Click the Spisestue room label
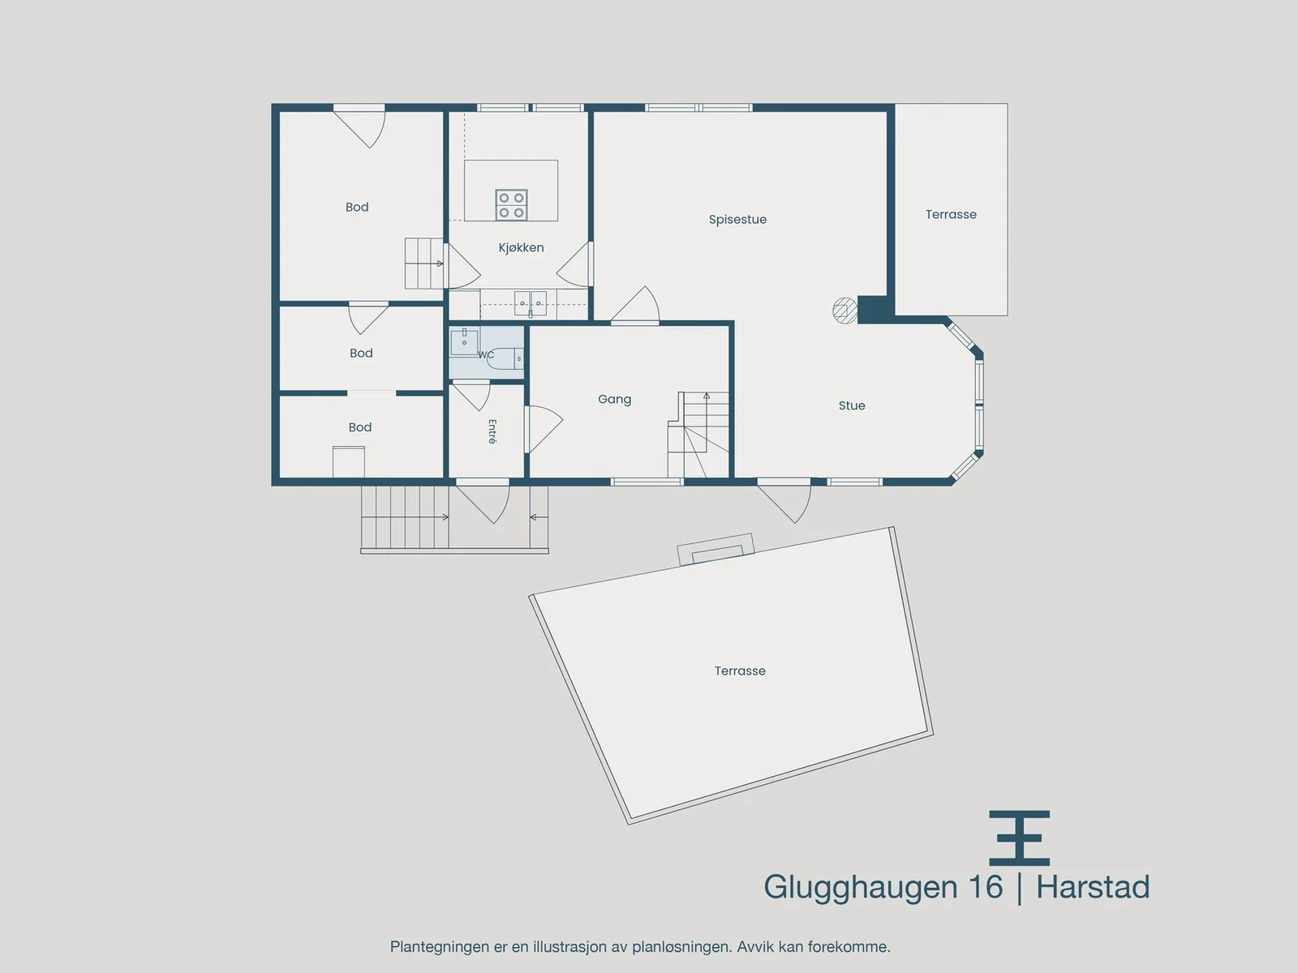[x=737, y=220]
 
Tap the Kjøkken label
[x=521, y=247]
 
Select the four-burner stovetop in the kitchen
[x=512, y=205]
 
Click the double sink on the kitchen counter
[x=531, y=303]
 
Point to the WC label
[x=485, y=354]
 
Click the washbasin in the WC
[x=464, y=342]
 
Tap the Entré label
[x=492, y=431]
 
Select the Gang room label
[x=614, y=400]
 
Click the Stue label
[x=852, y=406]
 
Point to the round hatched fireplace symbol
[x=845, y=311]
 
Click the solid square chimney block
[x=873, y=309]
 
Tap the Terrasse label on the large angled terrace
[x=740, y=671]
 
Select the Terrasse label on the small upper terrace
[x=951, y=214]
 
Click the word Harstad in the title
[x=1093, y=887]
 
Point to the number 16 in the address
[x=985, y=887]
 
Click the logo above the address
[x=1020, y=838]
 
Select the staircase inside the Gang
[x=698, y=435]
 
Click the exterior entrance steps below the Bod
[x=405, y=517]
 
